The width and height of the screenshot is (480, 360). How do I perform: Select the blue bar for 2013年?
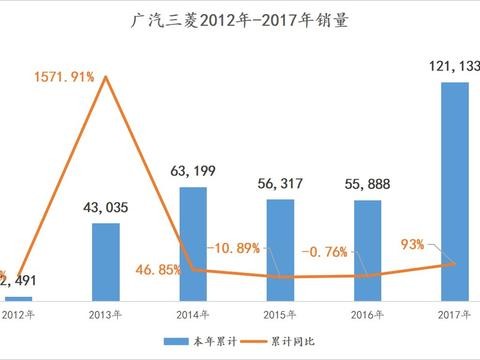(x=105, y=261)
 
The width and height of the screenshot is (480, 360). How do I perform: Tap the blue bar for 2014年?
(x=193, y=243)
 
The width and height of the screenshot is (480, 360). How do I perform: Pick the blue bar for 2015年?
(x=280, y=250)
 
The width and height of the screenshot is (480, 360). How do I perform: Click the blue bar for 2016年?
(x=367, y=250)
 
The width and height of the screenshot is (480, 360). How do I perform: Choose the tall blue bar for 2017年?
(x=454, y=190)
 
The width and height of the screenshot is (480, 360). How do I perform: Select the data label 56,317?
(x=280, y=187)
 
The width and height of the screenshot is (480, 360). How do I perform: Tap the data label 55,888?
(x=367, y=187)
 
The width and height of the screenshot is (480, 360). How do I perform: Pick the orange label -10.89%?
(x=238, y=247)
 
